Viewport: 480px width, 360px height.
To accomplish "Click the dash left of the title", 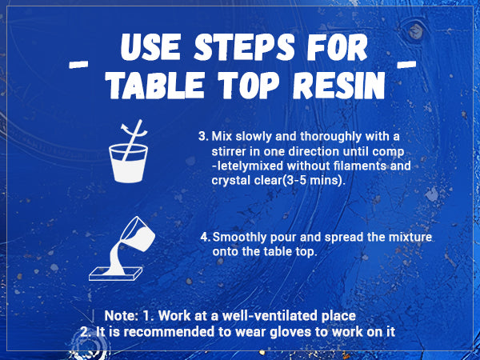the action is (78, 64).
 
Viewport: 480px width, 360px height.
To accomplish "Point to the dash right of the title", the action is (406, 64).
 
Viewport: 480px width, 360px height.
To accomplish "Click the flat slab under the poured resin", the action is (116, 274).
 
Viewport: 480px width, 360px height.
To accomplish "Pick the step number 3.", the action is (203, 136).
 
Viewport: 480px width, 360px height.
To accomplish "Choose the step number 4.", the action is (205, 237).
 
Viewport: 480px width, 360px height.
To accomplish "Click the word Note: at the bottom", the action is (122, 316).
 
